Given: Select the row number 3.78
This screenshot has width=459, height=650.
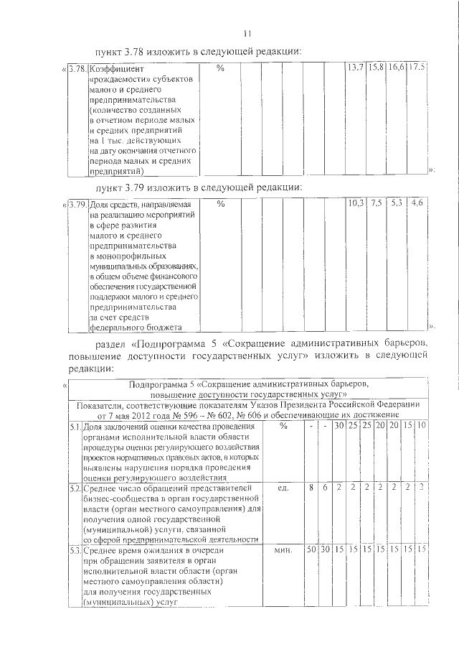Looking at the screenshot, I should click(x=78, y=68).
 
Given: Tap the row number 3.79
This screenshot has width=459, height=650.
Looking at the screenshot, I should click(x=78, y=204).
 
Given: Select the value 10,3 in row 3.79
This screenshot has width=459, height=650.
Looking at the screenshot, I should click(x=356, y=203).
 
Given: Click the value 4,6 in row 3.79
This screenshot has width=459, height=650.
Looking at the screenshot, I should click(x=417, y=203).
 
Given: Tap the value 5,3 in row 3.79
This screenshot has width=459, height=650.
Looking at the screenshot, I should click(x=397, y=203).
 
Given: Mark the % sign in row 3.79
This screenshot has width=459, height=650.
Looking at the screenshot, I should click(x=220, y=204).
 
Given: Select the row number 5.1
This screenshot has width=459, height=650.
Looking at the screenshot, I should click(x=74, y=427).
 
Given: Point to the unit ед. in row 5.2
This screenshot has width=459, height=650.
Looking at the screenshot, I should click(x=283, y=488).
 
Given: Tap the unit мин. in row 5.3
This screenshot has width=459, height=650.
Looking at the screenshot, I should click(x=283, y=549).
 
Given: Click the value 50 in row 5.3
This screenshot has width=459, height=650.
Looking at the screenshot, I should click(x=311, y=549).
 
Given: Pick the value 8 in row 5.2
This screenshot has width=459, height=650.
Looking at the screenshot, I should click(x=311, y=488).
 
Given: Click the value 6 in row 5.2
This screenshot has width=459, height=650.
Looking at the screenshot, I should click(x=325, y=488).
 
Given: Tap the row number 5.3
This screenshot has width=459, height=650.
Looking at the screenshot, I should click(x=74, y=550).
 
